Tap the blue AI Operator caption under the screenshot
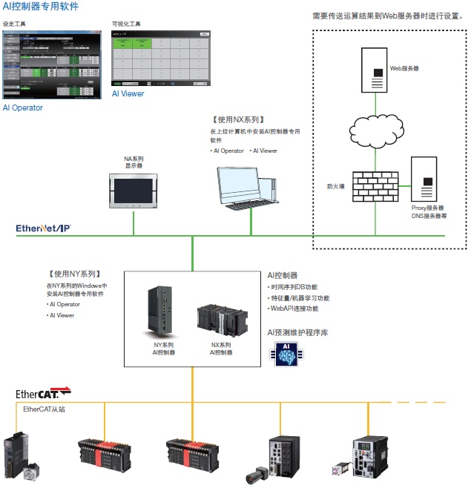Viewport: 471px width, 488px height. click(x=23, y=108)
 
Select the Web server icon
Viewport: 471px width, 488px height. click(x=375, y=70)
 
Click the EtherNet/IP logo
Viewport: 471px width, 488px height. click(x=44, y=228)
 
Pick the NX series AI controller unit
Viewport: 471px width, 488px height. click(x=221, y=318)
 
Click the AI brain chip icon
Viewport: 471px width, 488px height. click(x=283, y=355)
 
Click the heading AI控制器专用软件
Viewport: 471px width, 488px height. click(x=40, y=7)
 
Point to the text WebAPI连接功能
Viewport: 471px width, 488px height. click(x=295, y=309)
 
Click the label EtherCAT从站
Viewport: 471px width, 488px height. click(x=44, y=409)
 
